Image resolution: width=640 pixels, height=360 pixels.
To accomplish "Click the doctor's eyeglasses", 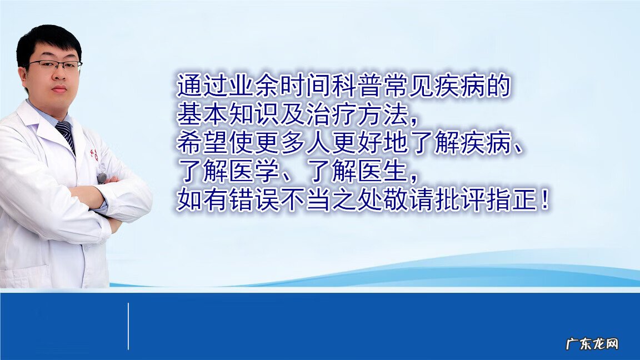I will click(55, 66).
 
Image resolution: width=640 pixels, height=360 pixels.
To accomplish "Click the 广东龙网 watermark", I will click(592, 344).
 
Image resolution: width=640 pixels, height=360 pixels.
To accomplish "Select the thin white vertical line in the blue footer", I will click(128, 326).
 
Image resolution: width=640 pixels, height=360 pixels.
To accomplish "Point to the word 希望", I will click(197, 143).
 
